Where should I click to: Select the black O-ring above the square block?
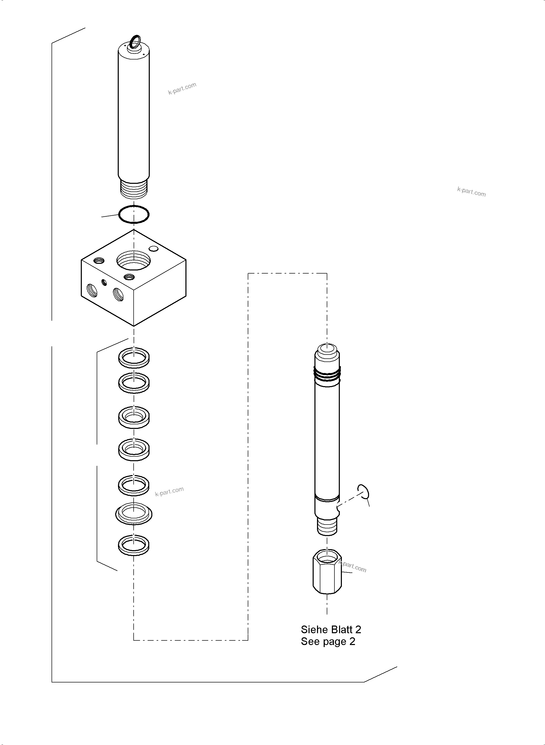[x=134, y=215]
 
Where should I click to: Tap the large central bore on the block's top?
[x=134, y=260]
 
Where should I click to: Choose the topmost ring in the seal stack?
[x=134, y=357]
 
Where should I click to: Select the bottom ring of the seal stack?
[x=134, y=545]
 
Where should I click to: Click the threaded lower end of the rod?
[x=327, y=526]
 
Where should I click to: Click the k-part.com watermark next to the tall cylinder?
[x=182, y=88]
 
